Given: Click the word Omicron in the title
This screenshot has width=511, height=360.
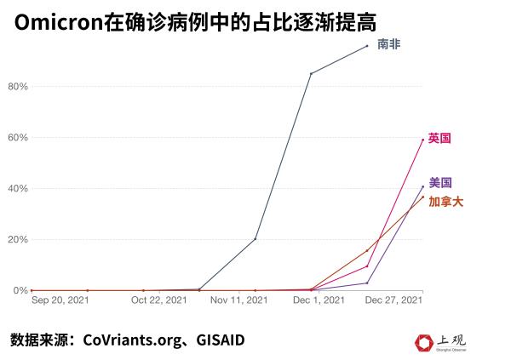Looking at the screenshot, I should point(57,22).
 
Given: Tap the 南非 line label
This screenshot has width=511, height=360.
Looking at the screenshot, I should point(388,44).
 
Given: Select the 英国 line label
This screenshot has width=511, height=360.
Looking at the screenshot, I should point(440,137).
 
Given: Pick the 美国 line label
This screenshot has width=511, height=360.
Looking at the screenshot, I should point(440,182).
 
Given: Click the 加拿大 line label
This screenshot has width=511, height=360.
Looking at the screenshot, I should point(446,202).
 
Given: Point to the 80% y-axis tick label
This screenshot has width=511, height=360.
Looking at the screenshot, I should point(18,87).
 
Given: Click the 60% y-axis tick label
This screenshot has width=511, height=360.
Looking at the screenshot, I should point(18,138).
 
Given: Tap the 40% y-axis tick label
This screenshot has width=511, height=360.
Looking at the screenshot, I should point(18,188).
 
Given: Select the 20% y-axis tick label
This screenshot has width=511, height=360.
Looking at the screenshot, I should point(18,239).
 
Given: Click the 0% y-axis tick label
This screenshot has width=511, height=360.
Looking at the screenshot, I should point(20,290).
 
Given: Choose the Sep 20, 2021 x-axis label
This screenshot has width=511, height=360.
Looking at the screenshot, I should point(59,300).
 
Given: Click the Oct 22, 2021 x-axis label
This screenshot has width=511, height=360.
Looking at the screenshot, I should point(159,300).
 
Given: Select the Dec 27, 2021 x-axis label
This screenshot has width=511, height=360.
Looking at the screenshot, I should point(393,300).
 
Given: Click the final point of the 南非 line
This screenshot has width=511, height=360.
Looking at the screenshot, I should point(367,46).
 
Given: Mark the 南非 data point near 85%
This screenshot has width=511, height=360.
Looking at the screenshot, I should point(311,74).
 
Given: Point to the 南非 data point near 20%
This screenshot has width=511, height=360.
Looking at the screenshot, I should point(255,238).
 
